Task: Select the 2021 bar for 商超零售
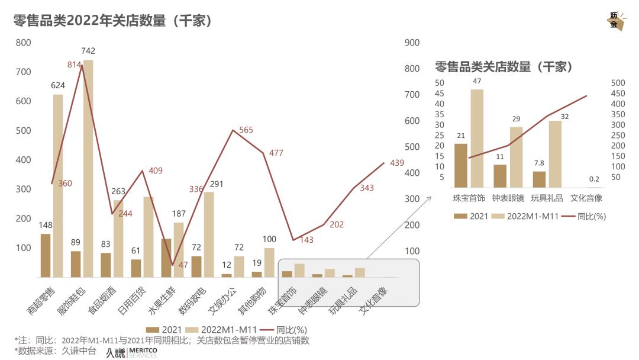click(46, 255)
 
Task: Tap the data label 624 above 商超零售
click(58, 86)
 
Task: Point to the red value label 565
click(246, 130)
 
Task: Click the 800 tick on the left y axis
click(24, 43)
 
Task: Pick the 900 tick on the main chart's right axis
click(412, 43)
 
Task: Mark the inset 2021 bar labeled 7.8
click(539, 179)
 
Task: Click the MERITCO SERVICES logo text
click(143, 353)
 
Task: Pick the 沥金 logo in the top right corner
click(615, 21)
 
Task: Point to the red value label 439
click(397, 163)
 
